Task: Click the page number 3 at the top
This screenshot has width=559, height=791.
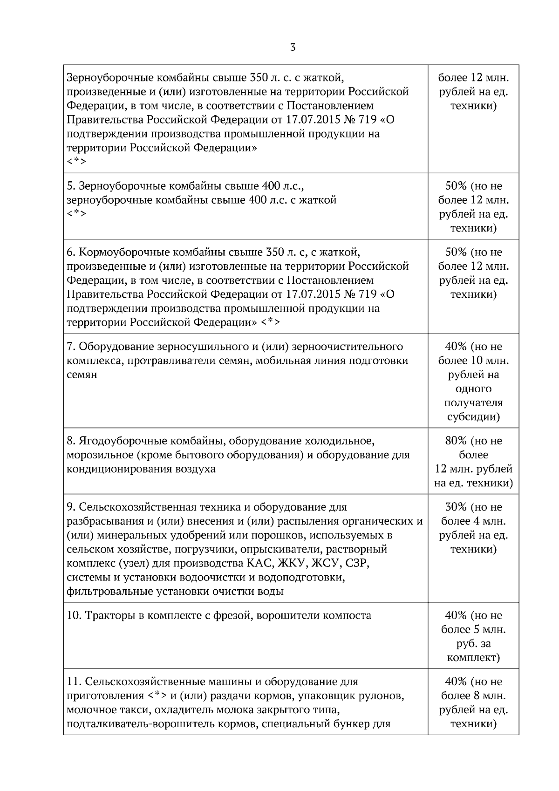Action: click(293, 47)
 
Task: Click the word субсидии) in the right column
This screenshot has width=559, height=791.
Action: click(473, 416)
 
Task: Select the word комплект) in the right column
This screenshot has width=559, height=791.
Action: click(473, 658)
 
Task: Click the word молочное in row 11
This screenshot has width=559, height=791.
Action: click(89, 710)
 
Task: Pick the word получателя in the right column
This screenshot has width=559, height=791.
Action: click(473, 402)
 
